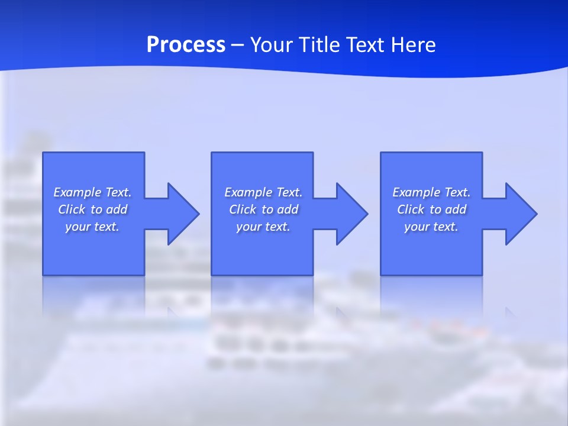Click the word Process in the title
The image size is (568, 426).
click(186, 45)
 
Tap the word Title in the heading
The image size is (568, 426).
click(319, 45)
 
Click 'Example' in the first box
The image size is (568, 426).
click(77, 192)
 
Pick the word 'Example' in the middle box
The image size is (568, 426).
click(248, 192)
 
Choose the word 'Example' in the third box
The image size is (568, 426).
click(416, 192)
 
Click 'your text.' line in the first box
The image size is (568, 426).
click(92, 227)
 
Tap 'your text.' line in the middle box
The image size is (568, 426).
click(263, 227)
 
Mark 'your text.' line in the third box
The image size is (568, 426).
click(431, 227)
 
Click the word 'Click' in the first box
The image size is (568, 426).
click(72, 209)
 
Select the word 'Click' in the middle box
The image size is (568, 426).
click(243, 209)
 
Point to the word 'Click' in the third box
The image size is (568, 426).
click(411, 209)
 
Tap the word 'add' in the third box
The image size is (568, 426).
click(456, 209)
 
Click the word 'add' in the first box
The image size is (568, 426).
click(117, 209)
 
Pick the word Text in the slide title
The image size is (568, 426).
click(363, 45)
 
